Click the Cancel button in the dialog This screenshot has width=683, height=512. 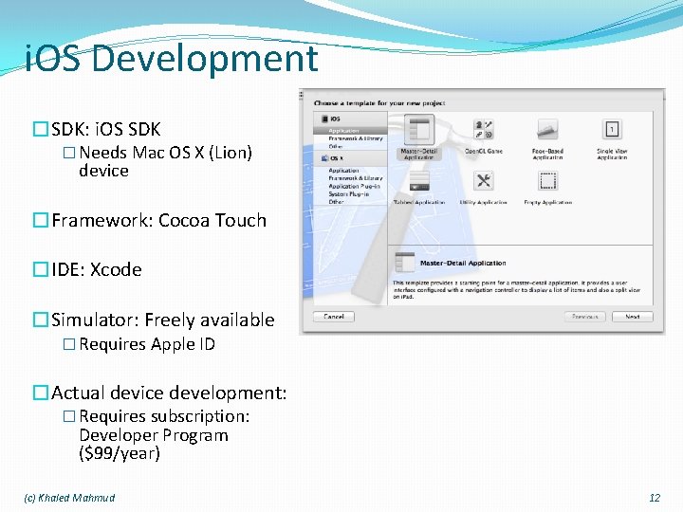click(334, 317)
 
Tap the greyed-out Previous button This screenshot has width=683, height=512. click(584, 317)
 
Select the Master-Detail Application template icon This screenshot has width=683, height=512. click(417, 131)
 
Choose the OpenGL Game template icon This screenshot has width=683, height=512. click(483, 131)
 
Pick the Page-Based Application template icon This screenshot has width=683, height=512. click(547, 131)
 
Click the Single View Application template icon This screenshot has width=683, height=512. click(612, 131)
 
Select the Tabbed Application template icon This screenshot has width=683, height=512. click(417, 182)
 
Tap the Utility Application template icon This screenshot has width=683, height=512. click(483, 182)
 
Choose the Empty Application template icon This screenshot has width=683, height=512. click(547, 182)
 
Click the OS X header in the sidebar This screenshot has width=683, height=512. click(337, 158)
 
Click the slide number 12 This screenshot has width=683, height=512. click(654, 498)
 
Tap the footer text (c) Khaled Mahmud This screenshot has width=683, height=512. click(69, 498)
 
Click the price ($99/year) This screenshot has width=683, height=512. click(120, 453)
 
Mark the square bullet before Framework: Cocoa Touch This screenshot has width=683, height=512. click(41, 221)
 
